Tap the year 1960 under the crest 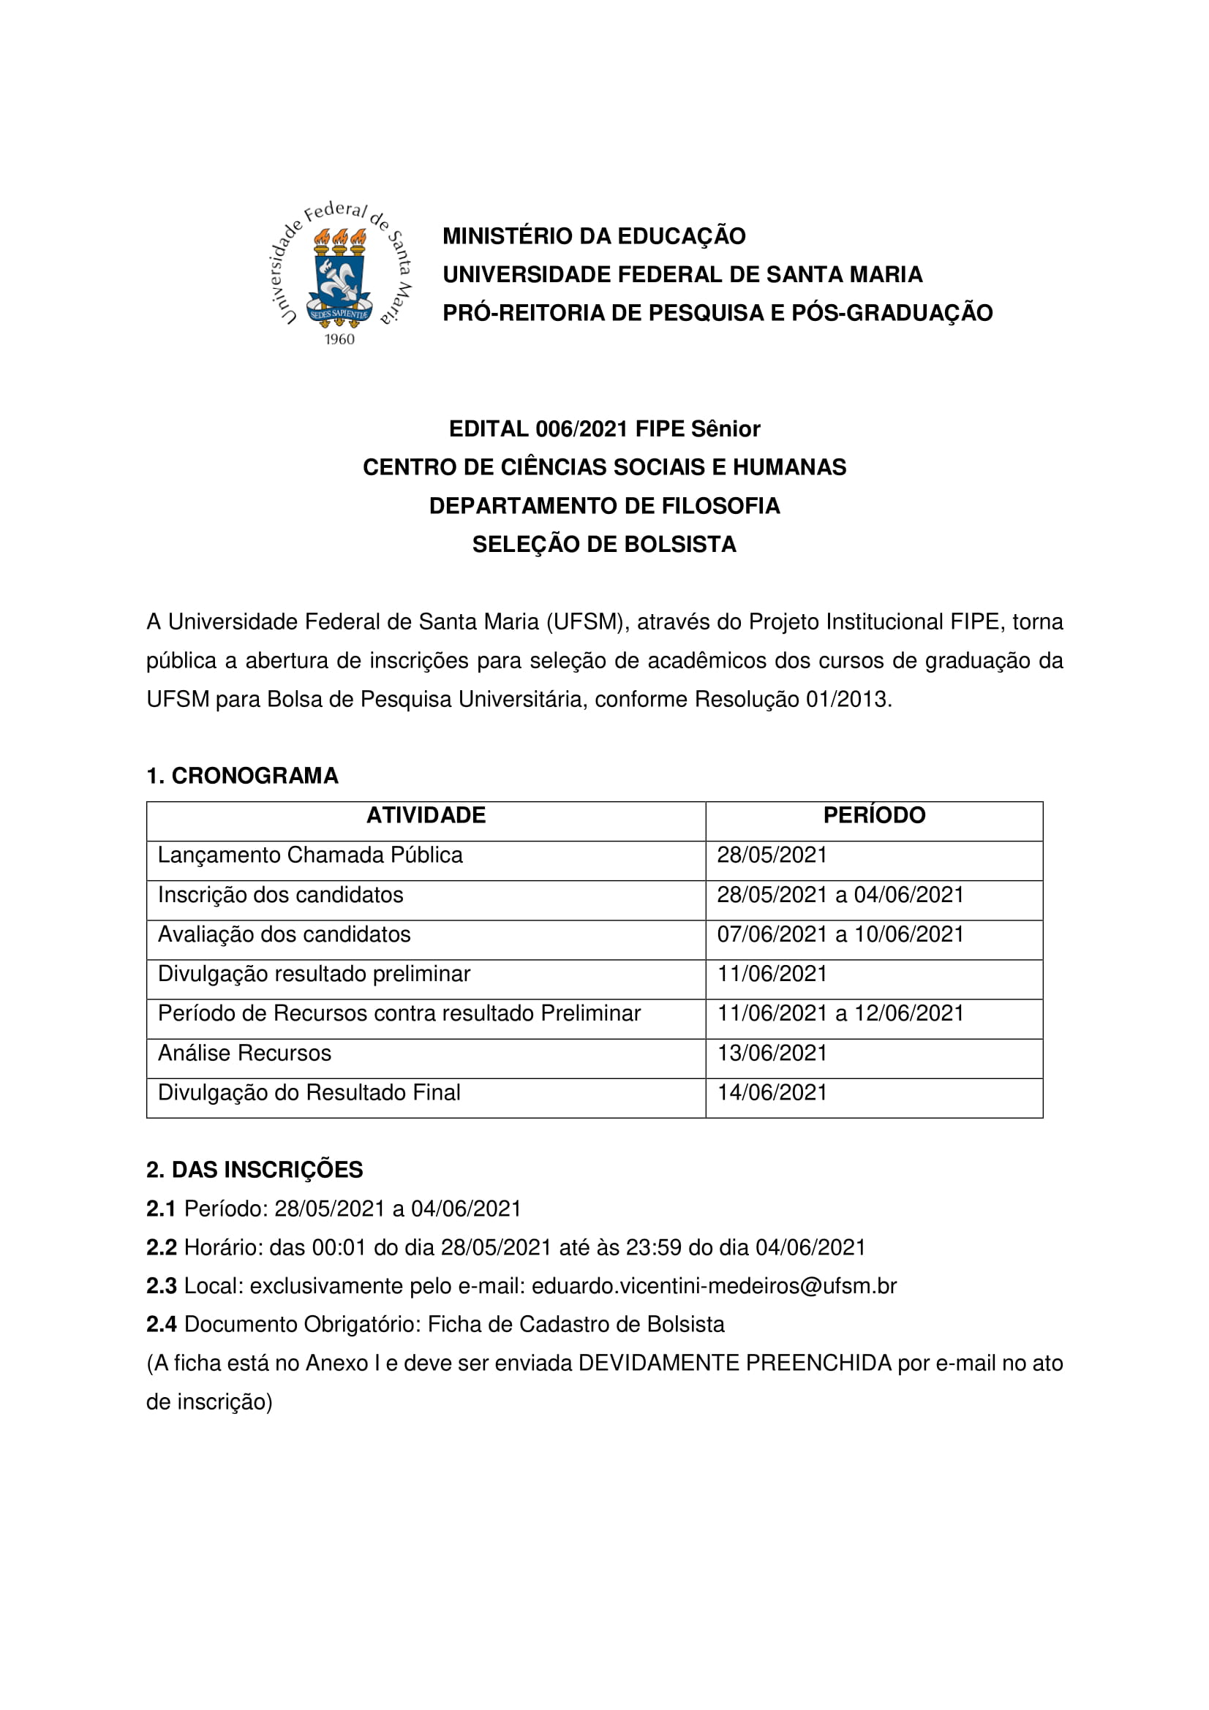pyautogui.click(x=339, y=340)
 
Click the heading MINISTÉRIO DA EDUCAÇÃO pyautogui.click(x=594, y=236)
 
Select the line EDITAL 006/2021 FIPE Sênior pyautogui.click(x=604, y=429)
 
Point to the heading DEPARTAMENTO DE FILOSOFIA pyautogui.click(x=604, y=507)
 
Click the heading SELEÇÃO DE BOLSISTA pyautogui.click(x=604, y=545)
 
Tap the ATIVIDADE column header pyautogui.click(x=426, y=816)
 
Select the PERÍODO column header pyautogui.click(x=874, y=816)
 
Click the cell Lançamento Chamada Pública pyautogui.click(x=310, y=855)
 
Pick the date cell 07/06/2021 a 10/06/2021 pyautogui.click(x=840, y=935)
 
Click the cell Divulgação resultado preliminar pyautogui.click(x=314, y=974)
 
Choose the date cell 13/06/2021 pyautogui.click(x=772, y=1053)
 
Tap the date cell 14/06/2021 pyautogui.click(x=772, y=1092)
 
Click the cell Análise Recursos pyautogui.click(x=244, y=1053)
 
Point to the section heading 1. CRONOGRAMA pyautogui.click(x=242, y=776)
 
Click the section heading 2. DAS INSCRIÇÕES pyautogui.click(x=255, y=1170)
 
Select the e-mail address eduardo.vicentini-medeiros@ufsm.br pyautogui.click(x=714, y=1286)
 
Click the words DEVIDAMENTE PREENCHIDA pyautogui.click(x=734, y=1363)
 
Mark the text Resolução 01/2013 pyautogui.click(x=793, y=700)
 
